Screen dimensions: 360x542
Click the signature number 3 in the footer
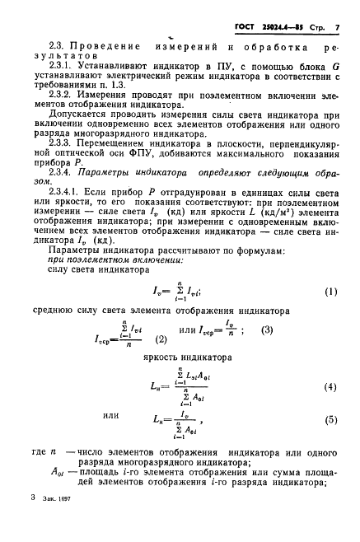(x=32, y=521)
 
